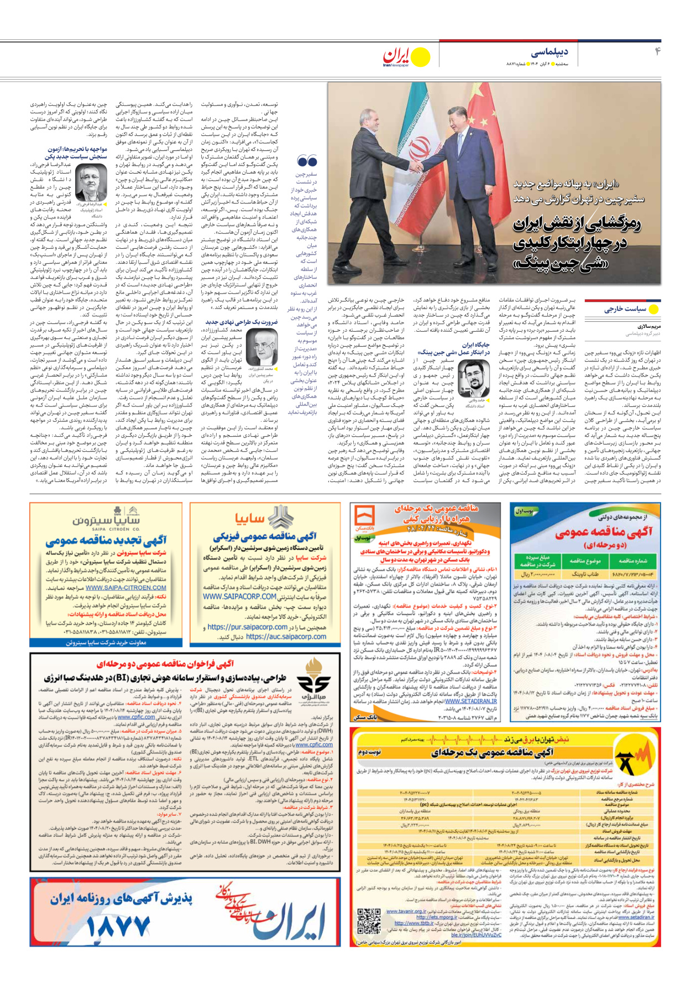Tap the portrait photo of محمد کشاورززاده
(x=261, y=347)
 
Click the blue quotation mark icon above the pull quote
(x=307, y=161)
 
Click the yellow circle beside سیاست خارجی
(x=654, y=309)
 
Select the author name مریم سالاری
(x=648, y=326)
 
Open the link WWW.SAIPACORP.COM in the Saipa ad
(x=239, y=597)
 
